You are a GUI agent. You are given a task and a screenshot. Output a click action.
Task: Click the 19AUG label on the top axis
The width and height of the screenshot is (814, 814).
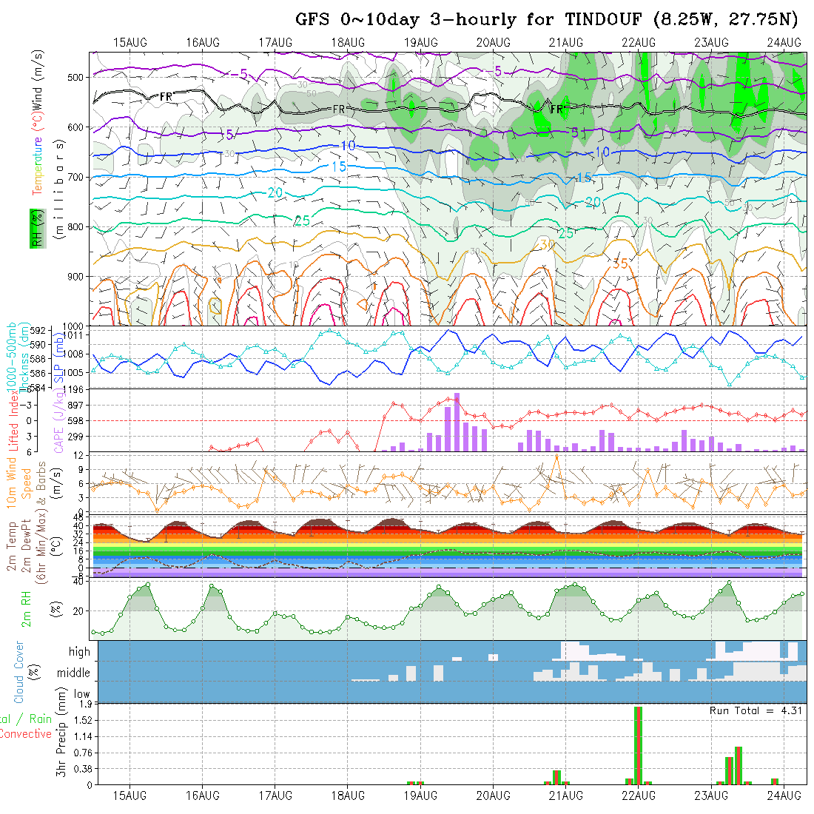click(x=420, y=42)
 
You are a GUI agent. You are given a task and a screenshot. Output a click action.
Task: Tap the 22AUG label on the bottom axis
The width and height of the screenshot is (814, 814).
click(x=638, y=796)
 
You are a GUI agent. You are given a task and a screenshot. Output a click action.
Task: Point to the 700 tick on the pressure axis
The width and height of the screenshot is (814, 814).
click(x=76, y=178)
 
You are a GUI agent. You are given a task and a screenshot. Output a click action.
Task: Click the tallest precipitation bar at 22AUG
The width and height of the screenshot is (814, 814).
click(x=638, y=744)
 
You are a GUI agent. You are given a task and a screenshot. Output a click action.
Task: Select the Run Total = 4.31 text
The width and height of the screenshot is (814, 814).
click(x=756, y=710)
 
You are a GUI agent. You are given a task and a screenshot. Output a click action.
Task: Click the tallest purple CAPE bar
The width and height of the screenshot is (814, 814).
click(x=457, y=422)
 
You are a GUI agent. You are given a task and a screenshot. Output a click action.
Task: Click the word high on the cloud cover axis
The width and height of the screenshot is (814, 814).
click(x=79, y=652)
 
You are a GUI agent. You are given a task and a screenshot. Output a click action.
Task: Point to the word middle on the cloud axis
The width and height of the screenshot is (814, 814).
click(x=74, y=673)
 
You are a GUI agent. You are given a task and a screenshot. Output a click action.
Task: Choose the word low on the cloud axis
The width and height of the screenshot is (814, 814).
click(x=81, y=695)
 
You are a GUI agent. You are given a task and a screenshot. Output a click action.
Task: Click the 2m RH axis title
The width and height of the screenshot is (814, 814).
click(x=27, y=610)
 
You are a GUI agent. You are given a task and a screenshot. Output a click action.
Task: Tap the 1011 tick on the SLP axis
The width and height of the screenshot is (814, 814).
click(x=76, y=335)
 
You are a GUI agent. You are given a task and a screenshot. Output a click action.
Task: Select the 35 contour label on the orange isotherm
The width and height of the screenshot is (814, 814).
click(x=620, y=263)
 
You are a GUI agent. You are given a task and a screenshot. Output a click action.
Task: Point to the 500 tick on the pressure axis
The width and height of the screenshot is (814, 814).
click(x=76, y=77)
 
